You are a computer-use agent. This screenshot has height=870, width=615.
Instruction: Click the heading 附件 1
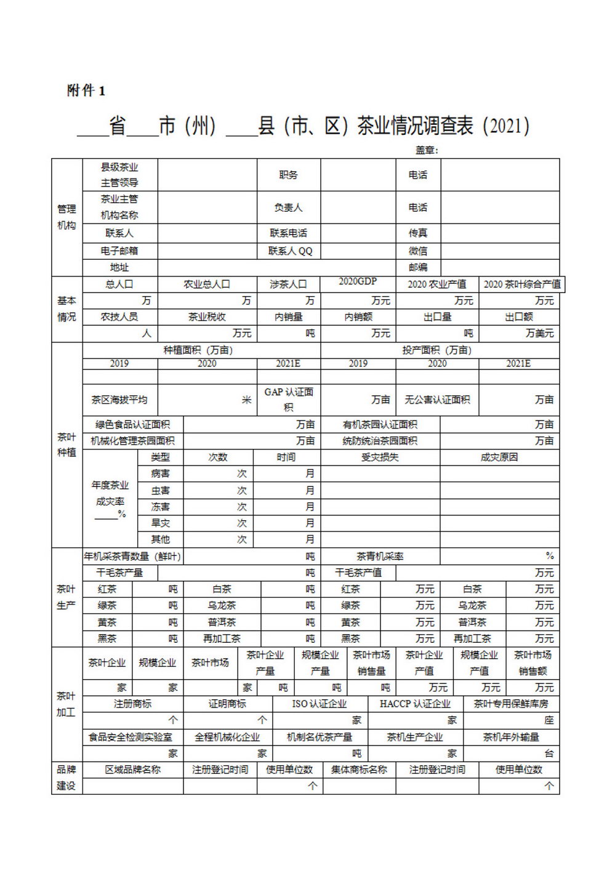86,91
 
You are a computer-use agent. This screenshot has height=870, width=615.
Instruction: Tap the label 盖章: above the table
427,150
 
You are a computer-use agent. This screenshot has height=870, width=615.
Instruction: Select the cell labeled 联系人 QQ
290,251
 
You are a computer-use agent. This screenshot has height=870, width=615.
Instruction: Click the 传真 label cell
418,233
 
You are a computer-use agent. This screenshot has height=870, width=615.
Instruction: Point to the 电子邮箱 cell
119,251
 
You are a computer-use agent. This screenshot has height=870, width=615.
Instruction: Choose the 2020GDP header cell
358,281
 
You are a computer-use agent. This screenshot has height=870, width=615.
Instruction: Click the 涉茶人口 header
288,284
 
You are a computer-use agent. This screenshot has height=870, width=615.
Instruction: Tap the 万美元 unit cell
539,333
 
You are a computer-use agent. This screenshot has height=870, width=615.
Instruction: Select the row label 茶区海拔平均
119,400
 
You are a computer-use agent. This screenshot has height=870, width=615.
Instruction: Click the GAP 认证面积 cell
289,399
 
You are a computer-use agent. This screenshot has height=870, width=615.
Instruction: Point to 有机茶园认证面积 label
380,425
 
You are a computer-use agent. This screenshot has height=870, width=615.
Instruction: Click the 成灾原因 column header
499,457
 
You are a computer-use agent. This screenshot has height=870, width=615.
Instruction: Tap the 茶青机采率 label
380,557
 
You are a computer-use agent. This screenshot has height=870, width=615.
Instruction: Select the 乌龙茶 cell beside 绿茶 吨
222,606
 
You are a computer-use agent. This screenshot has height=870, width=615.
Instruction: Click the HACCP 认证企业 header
415,704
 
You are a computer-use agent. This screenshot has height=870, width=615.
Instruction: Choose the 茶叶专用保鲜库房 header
511,704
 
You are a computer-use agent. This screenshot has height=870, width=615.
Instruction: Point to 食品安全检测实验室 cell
131,737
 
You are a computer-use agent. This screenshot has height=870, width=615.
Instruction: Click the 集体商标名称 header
359,770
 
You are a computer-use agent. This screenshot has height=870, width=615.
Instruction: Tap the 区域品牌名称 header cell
133,770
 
